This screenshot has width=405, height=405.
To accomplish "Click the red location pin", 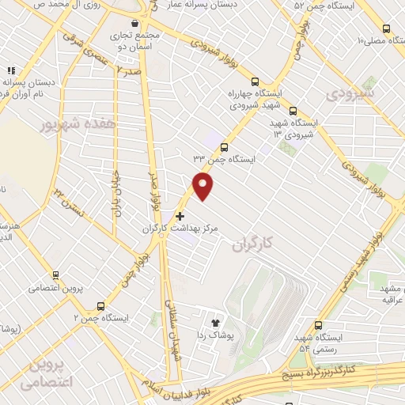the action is pyautogui.click(x=203, y=186).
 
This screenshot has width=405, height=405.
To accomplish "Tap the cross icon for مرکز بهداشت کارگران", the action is pyautogui.click(x=180, y=215).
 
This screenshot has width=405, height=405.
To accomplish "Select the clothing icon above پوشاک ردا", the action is pyautogui.click(x=214, y=322).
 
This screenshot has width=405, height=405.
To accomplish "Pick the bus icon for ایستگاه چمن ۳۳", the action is pyautogui.click(x=225, y=147).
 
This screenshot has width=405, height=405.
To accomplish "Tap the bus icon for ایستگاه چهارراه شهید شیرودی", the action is pyautogui.click(x=255, y=81).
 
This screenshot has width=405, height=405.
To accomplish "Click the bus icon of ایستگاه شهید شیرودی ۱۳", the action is pyautogui.click(x=293, y=111).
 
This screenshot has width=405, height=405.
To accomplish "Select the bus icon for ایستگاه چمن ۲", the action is pyautogui.click(x=100, y=305).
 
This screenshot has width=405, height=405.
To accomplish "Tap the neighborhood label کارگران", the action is pyautogui.click(x=252, y=246).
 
